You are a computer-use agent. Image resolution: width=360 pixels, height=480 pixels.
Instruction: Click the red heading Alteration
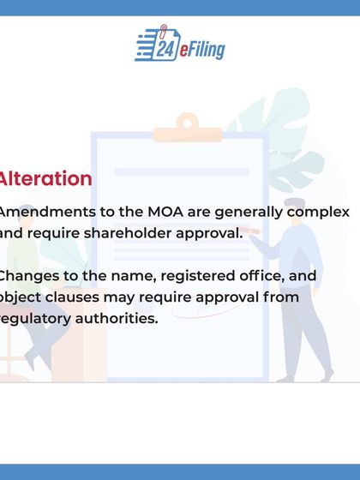click(x=45, y=179)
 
